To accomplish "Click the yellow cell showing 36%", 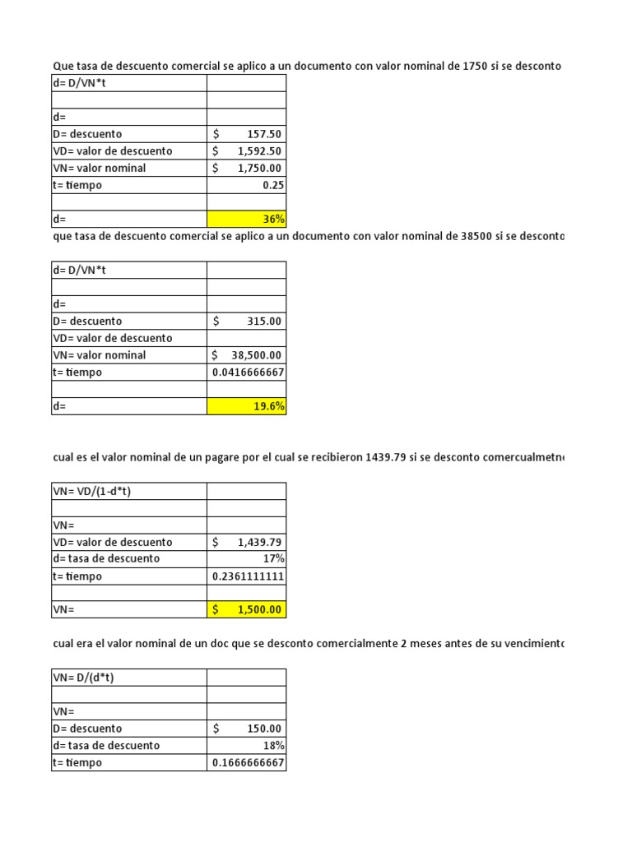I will tap(247, 220).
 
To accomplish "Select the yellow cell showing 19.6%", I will tap(247, 406).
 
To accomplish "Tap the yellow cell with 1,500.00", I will tap(247, 610).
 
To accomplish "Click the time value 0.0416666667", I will tap(248, 372).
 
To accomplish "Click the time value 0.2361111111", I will tap(248, 576).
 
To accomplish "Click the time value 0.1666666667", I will tap(248, 763).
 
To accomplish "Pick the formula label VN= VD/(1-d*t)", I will tap(93, 491).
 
